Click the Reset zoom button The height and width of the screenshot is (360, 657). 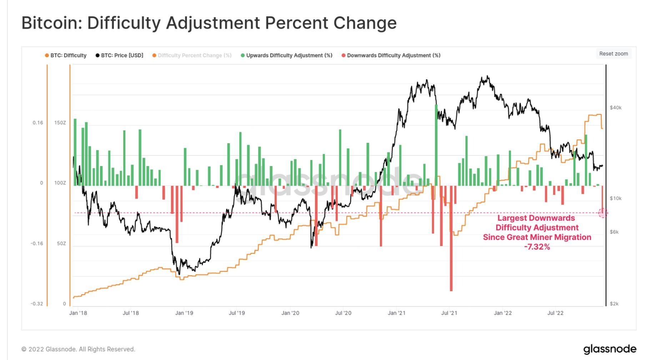tap(613, 54)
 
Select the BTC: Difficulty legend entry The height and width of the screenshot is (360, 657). tap(66, 55)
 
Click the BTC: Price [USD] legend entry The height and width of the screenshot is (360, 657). tap(120, 55)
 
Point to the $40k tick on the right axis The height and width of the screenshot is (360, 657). tap(616, 107)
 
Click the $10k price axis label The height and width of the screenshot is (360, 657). tap(616, 198)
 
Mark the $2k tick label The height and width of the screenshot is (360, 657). tap(614, 304)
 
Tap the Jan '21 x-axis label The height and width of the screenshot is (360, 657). tap(396, 313)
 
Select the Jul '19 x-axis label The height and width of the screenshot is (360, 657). tap(237, 313)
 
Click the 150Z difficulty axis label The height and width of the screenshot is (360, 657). tap(60, 122)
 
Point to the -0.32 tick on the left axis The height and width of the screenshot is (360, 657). tap(36, 304)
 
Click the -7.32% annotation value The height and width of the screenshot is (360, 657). tap(537, 247)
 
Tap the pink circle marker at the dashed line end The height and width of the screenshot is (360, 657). tap(603, 213)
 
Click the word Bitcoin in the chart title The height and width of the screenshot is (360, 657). tap(52, 23)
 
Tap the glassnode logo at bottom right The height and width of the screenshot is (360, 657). tap(610, 349)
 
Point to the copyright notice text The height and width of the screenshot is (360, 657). tap(78, 349)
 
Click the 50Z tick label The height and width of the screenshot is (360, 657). tap(61, 243)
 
